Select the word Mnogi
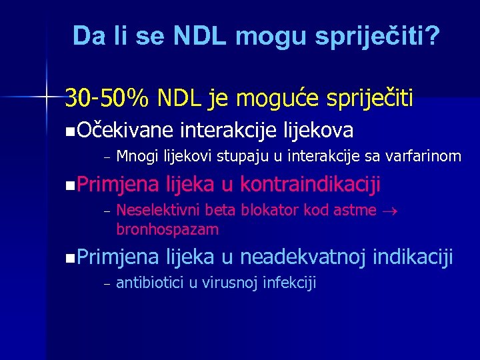136,156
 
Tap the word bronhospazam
167,229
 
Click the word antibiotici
150,283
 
